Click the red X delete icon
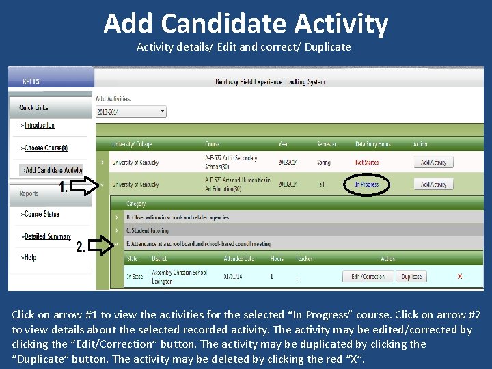point(460,276)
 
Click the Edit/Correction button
point(368,277)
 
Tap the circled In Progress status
point(366,184)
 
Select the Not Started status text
point(366,163)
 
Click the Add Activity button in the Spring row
point(433,163)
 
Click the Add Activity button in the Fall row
point(433,184)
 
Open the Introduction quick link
point(40,126)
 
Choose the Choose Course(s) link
point(46,148)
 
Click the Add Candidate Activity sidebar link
point(53,170)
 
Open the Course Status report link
point(42,215)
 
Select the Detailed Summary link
point(48,236)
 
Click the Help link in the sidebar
point(30,258)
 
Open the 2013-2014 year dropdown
point(131,111)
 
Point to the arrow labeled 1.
point(85,185)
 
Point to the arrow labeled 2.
point(101,245)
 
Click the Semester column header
point(327,144)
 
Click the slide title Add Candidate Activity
point(246,24)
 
